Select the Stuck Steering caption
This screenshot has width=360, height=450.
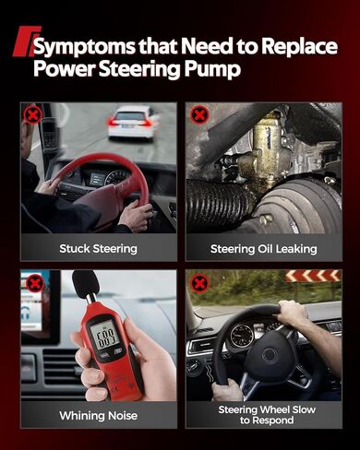coord(99,248)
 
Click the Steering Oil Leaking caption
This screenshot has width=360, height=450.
coord(264,248)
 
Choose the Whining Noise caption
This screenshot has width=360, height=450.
coord(98,416)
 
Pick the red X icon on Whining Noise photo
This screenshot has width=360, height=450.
coord(34,283)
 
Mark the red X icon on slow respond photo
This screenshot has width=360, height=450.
coord(199,283)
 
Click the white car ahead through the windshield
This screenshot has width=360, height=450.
coord(132,122)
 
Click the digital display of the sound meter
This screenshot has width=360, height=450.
coord(104,333)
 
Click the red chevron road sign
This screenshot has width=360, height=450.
coord(312,276)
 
